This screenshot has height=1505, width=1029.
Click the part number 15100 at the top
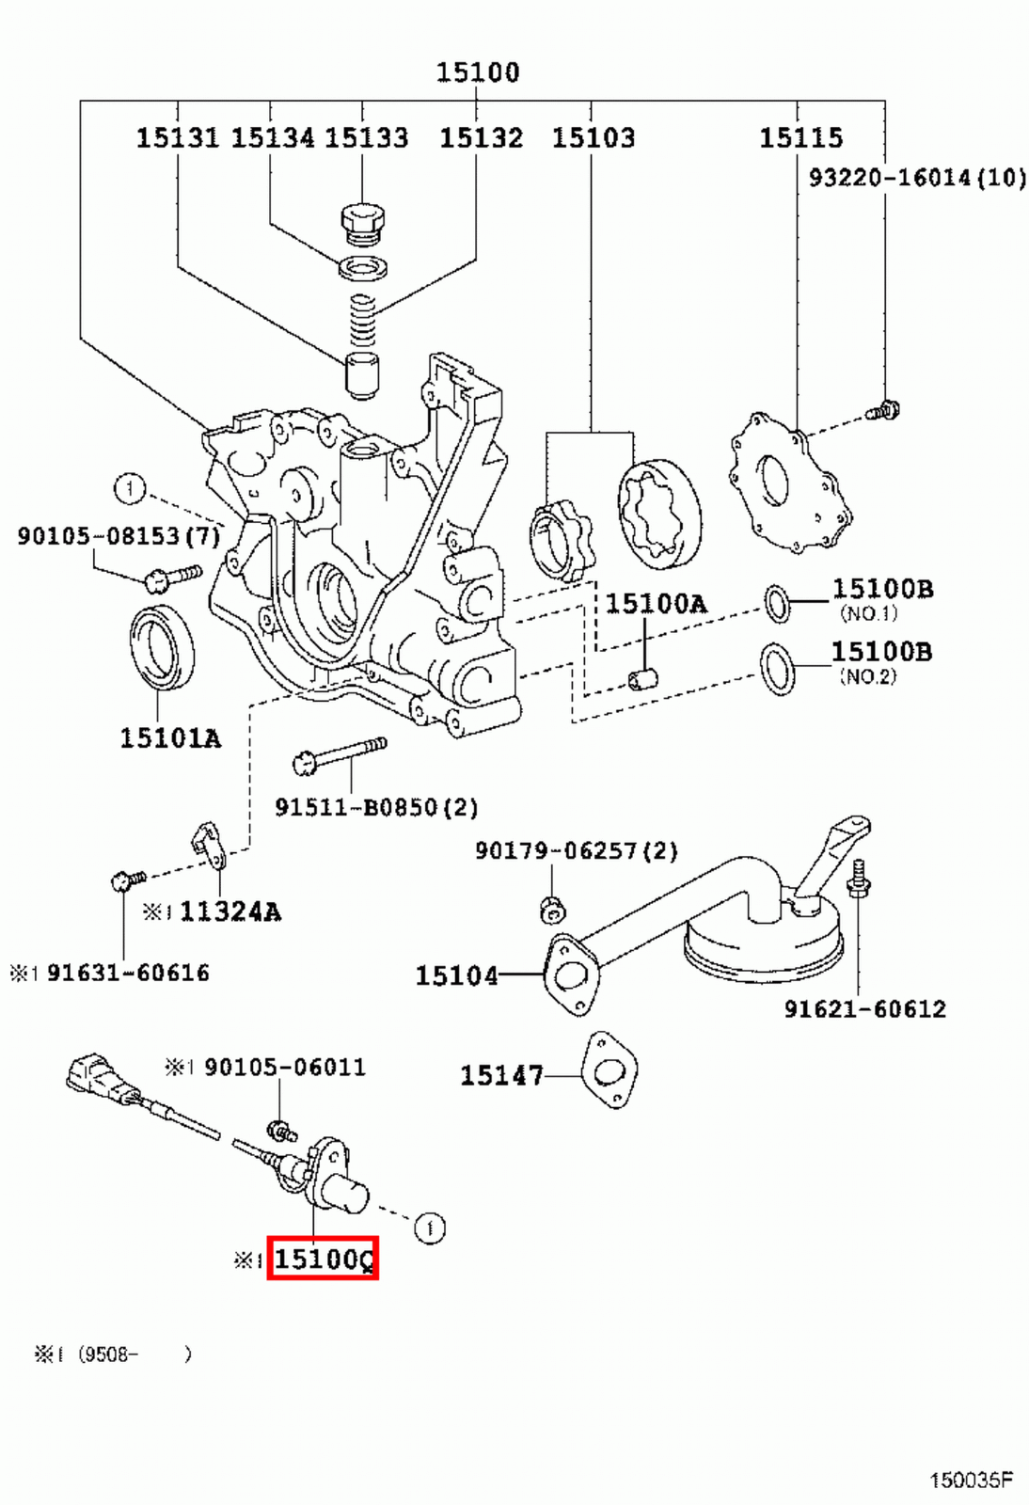[477, 72]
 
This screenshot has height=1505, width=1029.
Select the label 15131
[177, 138]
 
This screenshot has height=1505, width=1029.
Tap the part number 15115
[800, 138]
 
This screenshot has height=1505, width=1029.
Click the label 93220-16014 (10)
[917, 177]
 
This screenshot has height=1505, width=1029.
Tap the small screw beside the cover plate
[883, 410]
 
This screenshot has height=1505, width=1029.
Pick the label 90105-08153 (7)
[119, 536]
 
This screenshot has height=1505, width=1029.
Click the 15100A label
[655, 604]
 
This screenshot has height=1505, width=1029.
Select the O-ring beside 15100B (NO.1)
[777, 603]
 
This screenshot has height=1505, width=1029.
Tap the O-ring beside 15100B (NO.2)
[777, 669]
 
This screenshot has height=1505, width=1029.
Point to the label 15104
[456, 975]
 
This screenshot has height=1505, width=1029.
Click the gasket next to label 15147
[609, 1071]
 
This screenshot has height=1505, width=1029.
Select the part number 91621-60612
[864, 1009]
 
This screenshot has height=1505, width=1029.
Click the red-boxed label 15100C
[323, 1259]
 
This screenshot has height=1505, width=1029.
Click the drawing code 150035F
[971, 1481]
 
